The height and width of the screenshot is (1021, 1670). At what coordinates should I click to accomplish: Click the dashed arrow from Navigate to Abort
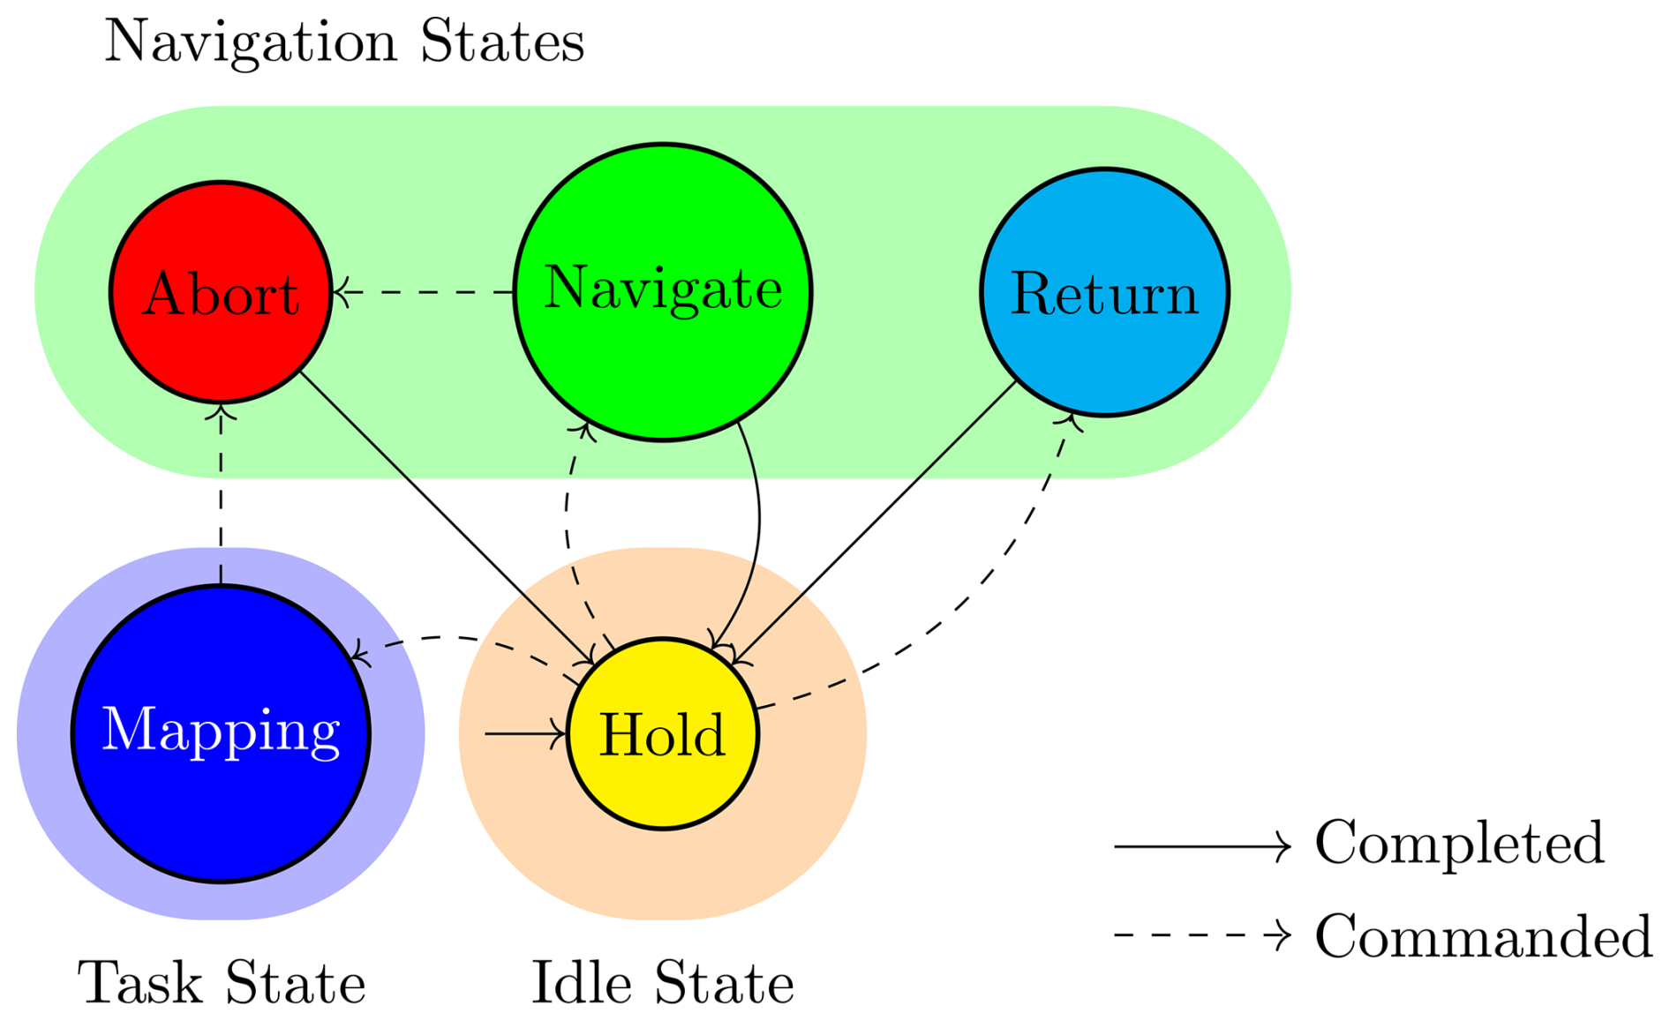(424, 291)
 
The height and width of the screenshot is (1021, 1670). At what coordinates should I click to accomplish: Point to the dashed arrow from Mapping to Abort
(221, 494)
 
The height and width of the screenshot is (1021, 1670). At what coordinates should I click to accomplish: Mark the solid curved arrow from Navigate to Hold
(757, 529)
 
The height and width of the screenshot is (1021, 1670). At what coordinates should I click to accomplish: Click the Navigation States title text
(344, 41)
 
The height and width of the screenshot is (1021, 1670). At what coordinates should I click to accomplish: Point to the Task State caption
(222, 983)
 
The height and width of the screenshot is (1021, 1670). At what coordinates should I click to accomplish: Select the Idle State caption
(662, 983)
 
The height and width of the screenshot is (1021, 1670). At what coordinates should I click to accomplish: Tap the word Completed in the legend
(1459, 844)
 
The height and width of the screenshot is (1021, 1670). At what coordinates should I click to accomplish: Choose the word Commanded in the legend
(1483, 935)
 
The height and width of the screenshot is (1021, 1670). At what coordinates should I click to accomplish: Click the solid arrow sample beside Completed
(1201, 846)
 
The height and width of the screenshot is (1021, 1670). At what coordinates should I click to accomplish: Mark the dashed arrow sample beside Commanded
(1201, 935)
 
